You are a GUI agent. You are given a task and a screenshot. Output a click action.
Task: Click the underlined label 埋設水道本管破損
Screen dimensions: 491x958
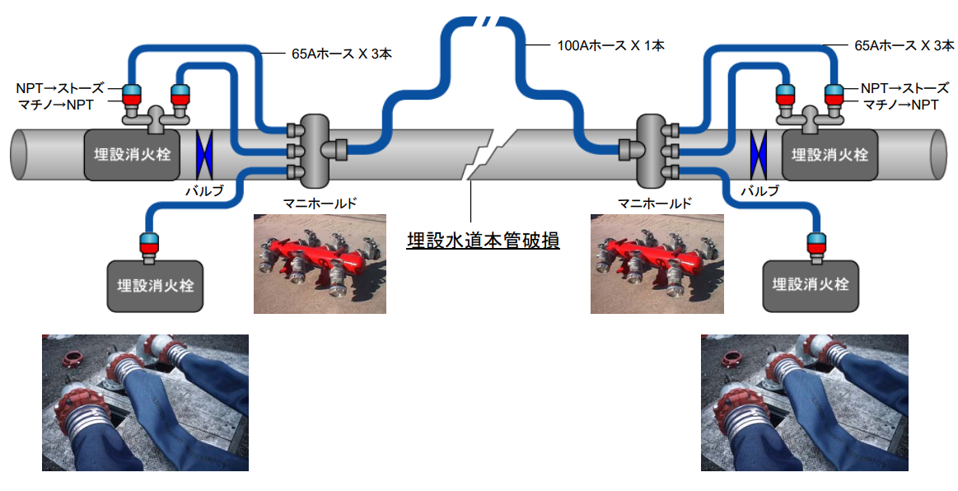[484, 241]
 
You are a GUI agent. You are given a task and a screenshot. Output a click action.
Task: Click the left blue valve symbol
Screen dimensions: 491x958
[203, 152]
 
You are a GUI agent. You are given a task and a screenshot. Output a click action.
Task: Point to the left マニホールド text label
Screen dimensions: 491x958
[320, 201]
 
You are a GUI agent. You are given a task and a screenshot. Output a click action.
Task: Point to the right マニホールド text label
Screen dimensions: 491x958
[655, 201]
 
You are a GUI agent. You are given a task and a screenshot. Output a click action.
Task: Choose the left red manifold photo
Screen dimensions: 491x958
[320, 264]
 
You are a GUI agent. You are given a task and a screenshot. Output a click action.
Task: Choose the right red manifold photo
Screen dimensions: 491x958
[657, 264]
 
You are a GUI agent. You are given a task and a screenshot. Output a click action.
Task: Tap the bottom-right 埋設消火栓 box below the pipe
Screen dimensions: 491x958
[811, 286]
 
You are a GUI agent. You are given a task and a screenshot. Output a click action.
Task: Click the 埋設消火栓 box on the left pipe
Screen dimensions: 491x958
[132, 154]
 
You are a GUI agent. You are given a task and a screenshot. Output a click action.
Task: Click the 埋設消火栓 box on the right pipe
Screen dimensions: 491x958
[830, 154]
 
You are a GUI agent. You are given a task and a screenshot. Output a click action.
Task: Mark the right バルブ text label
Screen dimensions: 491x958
[759, 190]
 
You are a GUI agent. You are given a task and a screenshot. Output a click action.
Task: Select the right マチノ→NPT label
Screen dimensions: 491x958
[900, 105]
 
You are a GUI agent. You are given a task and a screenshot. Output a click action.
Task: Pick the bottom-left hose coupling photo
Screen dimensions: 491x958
[145, 402]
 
